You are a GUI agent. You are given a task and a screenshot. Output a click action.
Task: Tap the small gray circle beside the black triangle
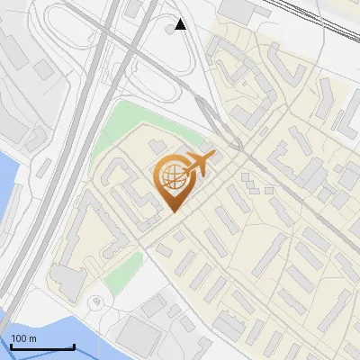(170, 30)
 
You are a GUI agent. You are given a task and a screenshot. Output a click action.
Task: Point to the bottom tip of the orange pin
(173, 212)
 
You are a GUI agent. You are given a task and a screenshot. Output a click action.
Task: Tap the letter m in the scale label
(32, 338)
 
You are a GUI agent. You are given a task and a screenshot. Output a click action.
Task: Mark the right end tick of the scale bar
(74, 346)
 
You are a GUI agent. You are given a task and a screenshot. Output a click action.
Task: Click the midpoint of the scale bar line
(42, 347)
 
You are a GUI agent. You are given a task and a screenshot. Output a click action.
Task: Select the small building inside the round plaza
(95, 302)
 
